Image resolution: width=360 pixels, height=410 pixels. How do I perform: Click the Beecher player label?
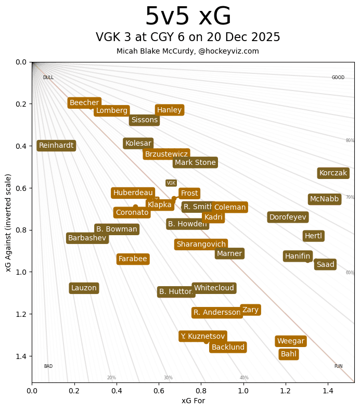pyautogui.click(x=84, y=103)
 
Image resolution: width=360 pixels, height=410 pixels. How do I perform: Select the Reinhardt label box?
pyautogui.click(x=56, y=146)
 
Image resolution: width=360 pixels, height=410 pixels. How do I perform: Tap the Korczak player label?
pyautogui.click(x=333, y=173)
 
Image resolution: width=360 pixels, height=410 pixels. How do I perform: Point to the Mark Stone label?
pyautogui.click(x=195, y=163)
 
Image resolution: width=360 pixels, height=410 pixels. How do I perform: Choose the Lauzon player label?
pyautogui.click(x=84, y=288)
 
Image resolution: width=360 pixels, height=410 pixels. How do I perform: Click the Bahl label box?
pyautogui.click(x=289, y=354)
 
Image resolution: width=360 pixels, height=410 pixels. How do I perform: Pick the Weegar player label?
pyautogui.click(x=290, y=341)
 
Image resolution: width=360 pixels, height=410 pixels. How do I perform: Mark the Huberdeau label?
pyautogui.click(x=133, y=193)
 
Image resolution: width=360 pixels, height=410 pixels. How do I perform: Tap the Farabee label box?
pyautogui.click(x=133, y=259)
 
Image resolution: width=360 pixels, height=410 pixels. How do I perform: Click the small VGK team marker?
pyautogui.click(x=171, y=183)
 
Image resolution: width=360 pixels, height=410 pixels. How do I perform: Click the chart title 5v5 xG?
pyautogui.click(x=188, y=17)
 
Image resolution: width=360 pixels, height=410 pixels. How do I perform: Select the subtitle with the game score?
pyautogui.click(x=188, y=37)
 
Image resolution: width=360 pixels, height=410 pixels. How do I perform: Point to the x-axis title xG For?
pyautogui.click(x=193, y=401)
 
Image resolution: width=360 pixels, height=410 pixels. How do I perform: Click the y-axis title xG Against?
pyautogui.click(x=8, y=223)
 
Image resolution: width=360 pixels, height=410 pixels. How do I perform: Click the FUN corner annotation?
pyautogui.click(x=338, y=366)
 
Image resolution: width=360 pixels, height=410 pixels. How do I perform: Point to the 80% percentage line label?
pyautogui.click(x=350, y=140)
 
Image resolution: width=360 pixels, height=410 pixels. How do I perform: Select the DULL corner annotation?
pyautogui.click(x=48, y=78)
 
